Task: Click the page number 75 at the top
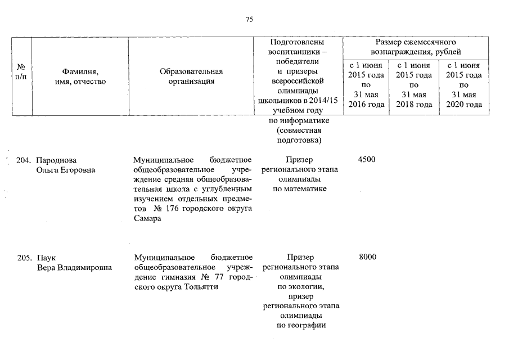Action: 249,20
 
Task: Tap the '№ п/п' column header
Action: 21,71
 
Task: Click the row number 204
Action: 25,160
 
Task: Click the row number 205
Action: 25,258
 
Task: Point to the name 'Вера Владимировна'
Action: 74,267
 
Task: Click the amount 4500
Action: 366,160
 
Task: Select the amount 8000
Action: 366,258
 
